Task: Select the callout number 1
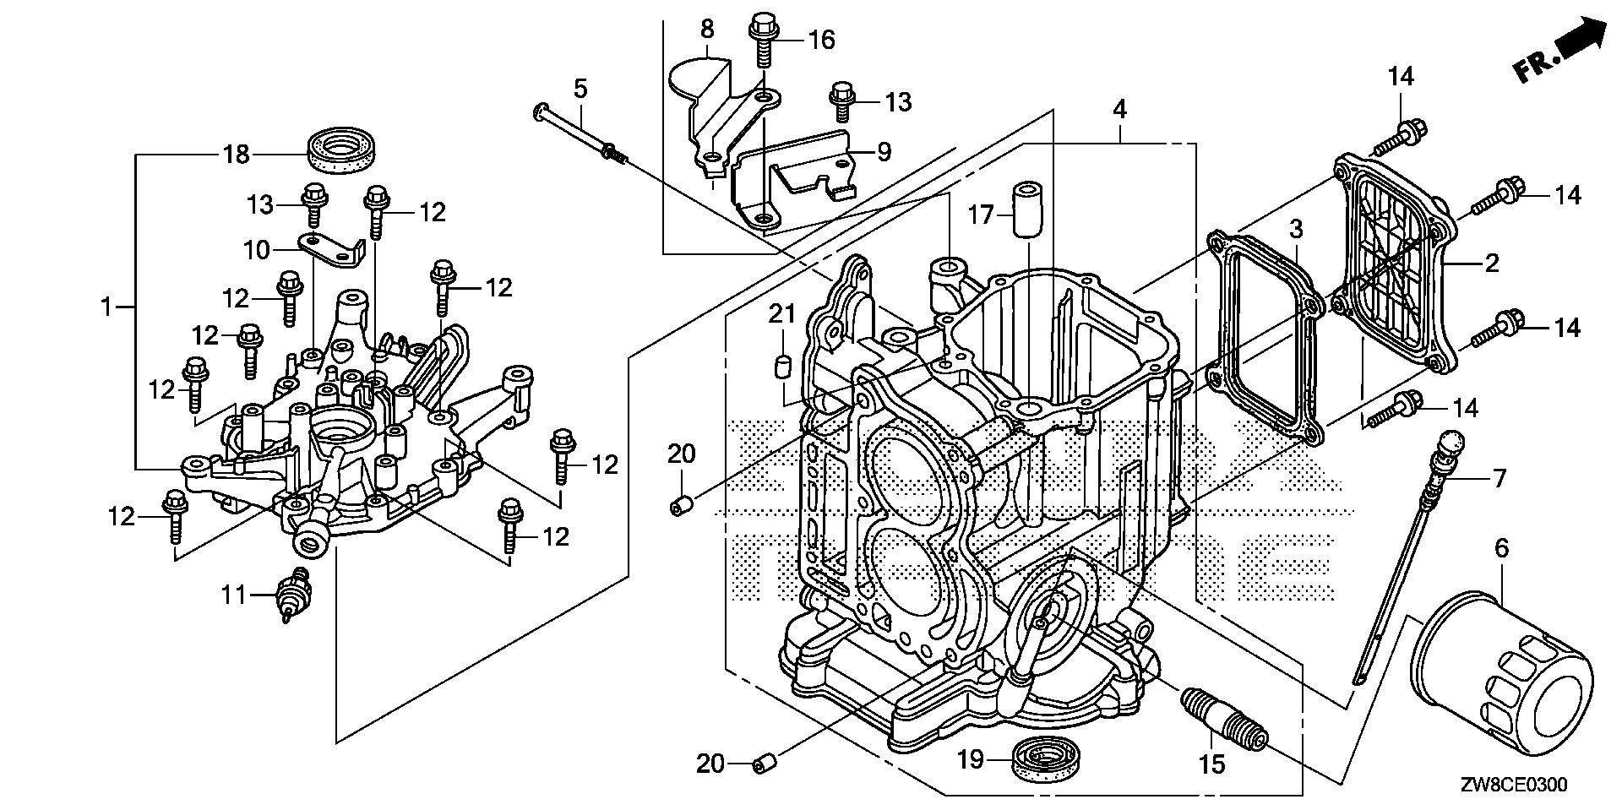tap(106, 307)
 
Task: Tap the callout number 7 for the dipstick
tap(1500, 479)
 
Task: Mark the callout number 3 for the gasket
tap(1296, 228)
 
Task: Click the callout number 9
tap(884, 152)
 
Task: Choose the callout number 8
tap(707, 29)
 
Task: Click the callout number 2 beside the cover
tap(1492, 263)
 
